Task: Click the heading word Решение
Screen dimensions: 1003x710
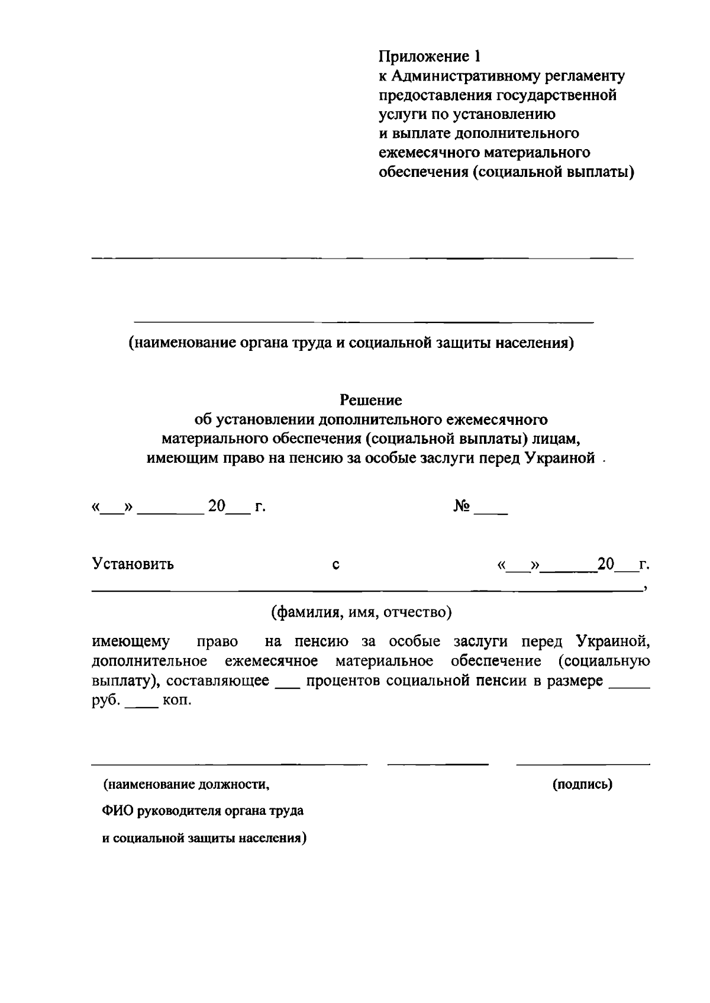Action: (371, 401)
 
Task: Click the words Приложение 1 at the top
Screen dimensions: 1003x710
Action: (430, 57)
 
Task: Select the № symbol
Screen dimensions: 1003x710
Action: (461, 507)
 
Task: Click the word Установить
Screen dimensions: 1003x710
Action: (133, 564)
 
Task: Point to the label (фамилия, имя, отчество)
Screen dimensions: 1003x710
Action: (361, 612)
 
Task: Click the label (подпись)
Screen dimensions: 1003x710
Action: (582, 785)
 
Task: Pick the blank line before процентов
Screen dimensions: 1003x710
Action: (288, 685)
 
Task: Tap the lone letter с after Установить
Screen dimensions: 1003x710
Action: (335, 565)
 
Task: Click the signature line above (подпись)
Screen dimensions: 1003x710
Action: (583, 765)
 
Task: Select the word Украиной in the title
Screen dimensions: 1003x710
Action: (560, 459)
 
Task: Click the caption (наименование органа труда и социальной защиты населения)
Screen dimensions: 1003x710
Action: (351, 343)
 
